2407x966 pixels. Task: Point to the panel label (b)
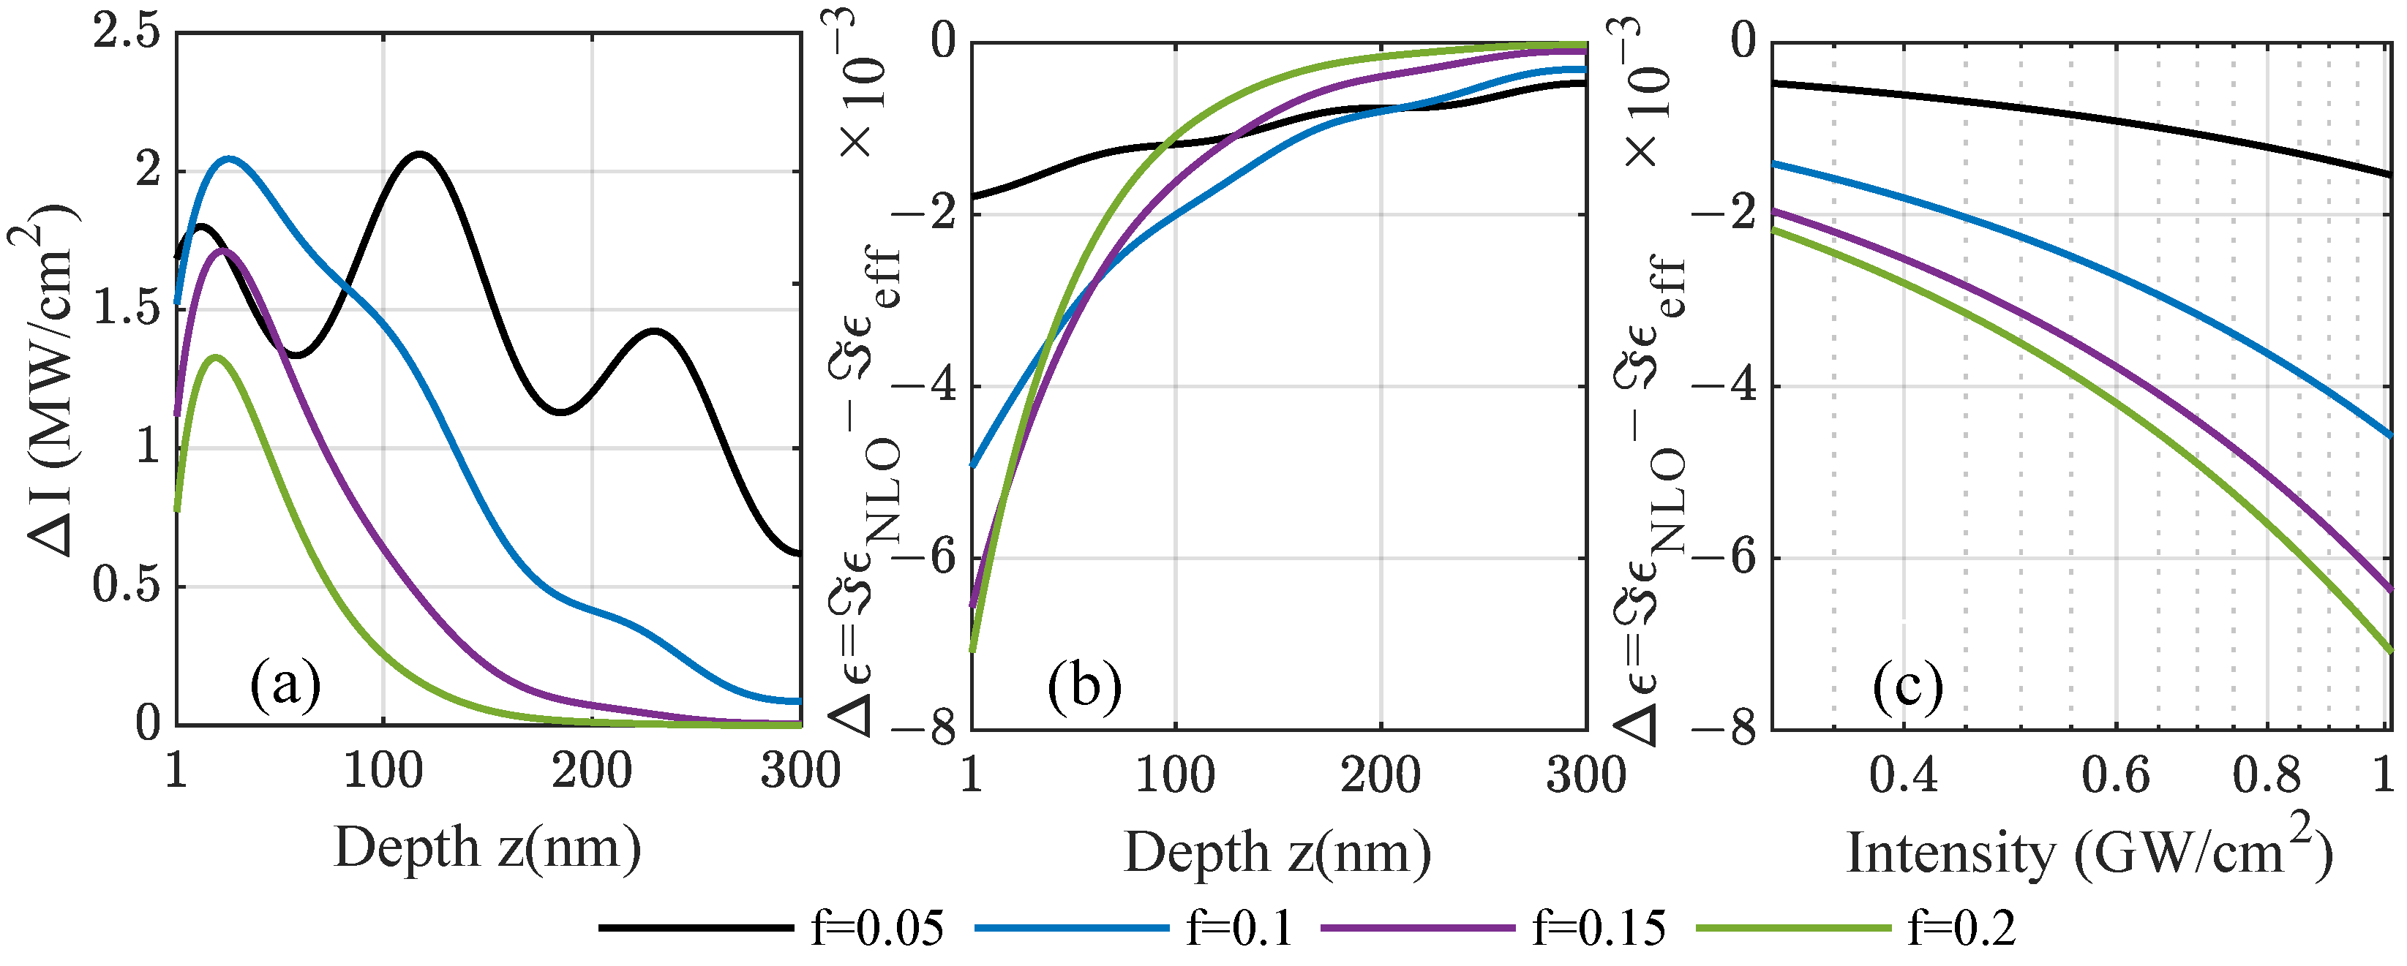[x=1084, y=687]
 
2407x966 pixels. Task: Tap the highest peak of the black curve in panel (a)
[x=419, y=154]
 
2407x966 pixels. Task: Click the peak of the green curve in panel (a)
[x=216, y=357]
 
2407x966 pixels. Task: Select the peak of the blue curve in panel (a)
[x=230, y=159]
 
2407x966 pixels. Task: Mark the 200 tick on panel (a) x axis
[x=591, y=771]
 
